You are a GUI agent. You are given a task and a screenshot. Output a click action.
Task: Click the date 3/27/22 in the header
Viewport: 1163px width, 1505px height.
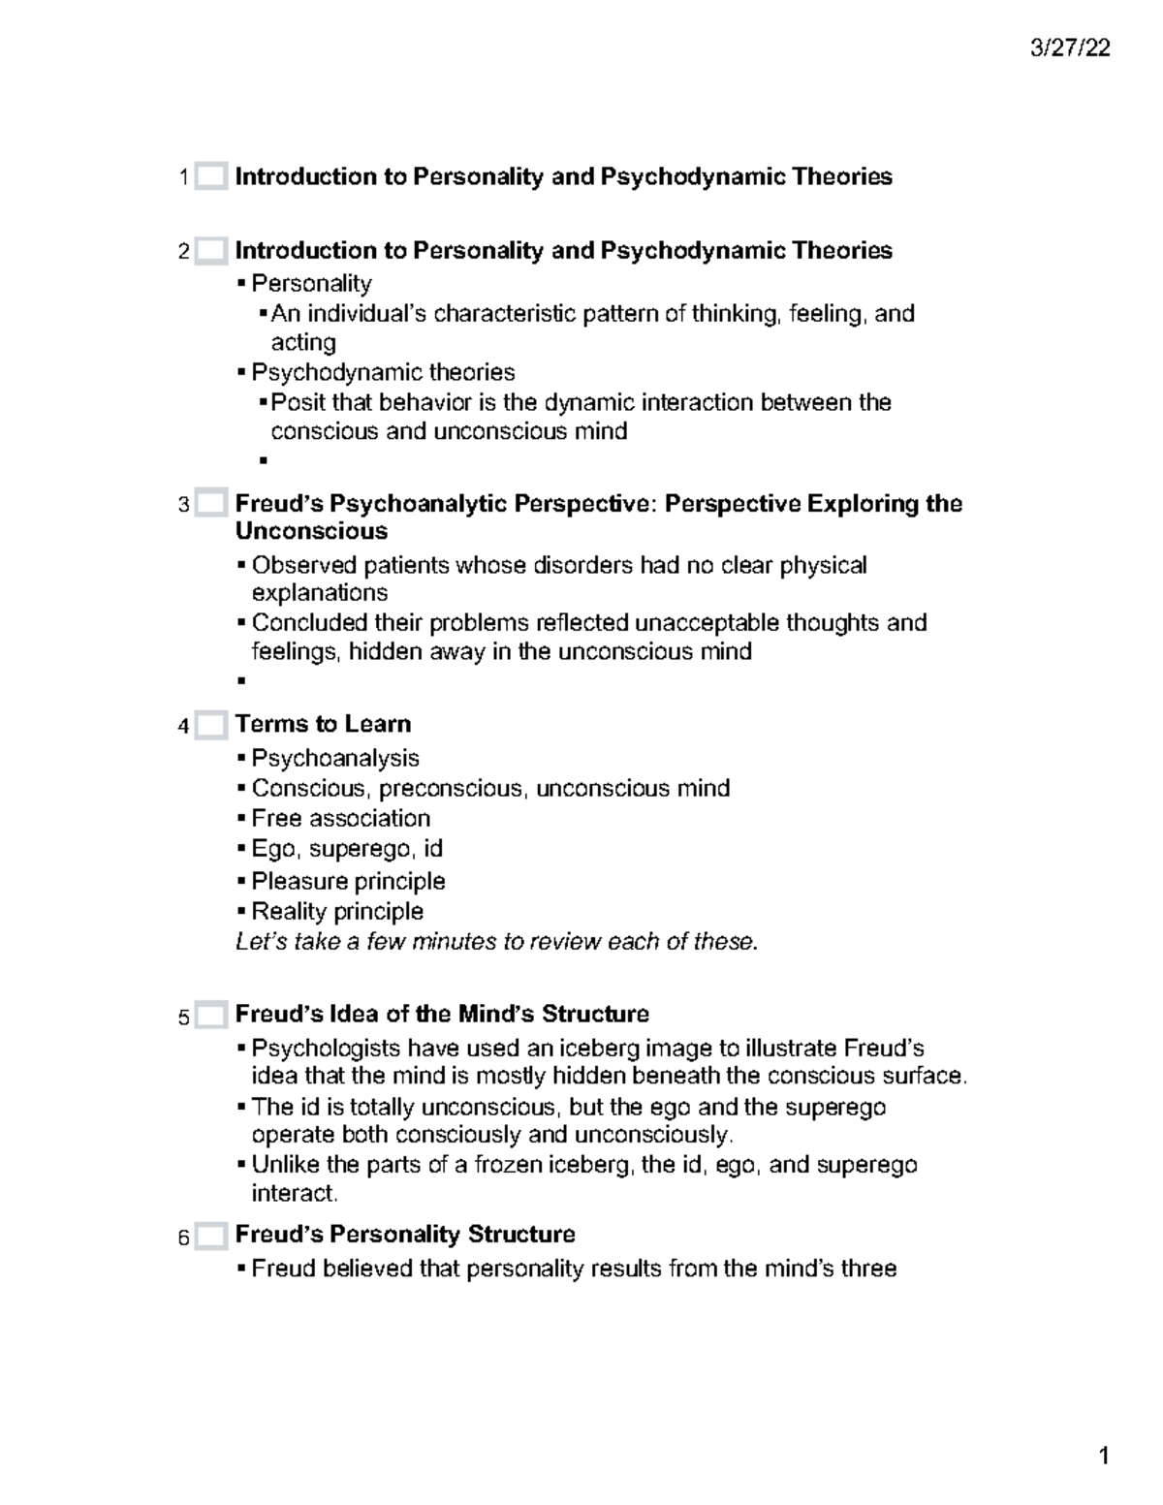coord(1071,48)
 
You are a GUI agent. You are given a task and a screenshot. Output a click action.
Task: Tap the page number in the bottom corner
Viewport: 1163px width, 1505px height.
coord(1103,1457)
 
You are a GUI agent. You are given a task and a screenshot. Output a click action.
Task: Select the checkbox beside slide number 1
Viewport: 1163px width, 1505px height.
coord(210,177)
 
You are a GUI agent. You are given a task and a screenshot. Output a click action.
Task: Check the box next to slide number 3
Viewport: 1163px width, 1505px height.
coord(210,504)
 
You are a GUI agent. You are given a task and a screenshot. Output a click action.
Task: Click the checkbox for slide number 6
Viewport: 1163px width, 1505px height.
coord(210,1237)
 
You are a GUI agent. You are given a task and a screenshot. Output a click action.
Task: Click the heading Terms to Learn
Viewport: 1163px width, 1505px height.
coord(323,724)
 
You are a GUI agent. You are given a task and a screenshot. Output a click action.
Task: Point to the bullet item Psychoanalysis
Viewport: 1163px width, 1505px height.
coord(334,758)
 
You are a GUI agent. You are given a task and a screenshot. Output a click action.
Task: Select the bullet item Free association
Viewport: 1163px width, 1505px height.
coord(340,818)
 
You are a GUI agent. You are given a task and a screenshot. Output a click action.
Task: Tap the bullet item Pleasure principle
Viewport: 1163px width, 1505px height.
coord(348,881)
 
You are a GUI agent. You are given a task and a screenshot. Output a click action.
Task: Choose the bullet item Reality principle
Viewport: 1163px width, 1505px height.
coord(337,911)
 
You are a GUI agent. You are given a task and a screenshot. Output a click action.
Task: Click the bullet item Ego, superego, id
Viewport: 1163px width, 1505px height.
coord(346,849)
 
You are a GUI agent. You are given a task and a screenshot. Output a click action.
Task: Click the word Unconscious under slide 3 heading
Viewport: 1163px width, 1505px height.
coord(311,531)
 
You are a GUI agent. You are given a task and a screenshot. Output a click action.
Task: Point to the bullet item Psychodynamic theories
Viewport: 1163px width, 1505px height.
coord(383,372)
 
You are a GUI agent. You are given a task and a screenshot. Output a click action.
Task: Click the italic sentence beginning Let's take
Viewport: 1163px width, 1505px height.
coord(496,941)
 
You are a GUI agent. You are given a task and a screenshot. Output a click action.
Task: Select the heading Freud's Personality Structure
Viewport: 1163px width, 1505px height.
coord(405,1235)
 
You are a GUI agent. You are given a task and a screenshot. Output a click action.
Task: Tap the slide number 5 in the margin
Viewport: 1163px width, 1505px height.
coord(183,1018)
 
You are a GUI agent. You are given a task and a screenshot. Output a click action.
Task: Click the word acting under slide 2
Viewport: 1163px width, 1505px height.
coord(303,342)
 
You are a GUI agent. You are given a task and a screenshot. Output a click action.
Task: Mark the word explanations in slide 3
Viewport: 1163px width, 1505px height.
coord(320,593)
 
